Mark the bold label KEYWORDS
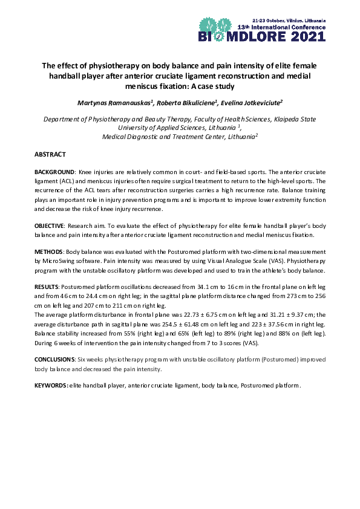(x=51, y=385)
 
